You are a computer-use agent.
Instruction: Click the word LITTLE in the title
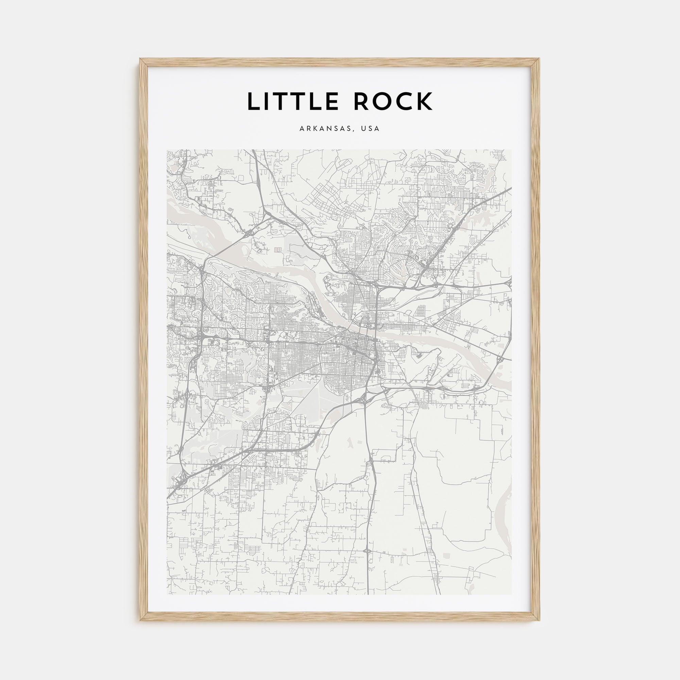point(293,101)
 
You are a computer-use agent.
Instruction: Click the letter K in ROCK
point(425,101)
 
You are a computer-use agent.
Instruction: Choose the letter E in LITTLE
point(332,101)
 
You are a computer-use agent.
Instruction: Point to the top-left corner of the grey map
point(167,149)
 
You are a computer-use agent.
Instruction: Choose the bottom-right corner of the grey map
point(512,594)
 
